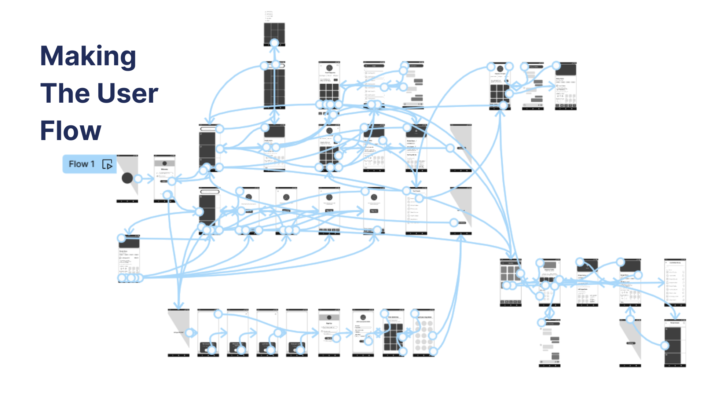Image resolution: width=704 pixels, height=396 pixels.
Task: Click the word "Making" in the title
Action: [x=88, y=56]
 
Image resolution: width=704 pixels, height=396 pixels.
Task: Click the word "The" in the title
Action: [x=65, y=93]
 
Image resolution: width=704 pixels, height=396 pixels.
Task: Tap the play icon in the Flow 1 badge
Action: [x=107, y=164]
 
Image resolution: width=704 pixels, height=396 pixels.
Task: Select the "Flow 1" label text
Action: [x=81, y=164]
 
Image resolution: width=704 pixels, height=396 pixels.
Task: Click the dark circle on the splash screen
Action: [x=127, y=178]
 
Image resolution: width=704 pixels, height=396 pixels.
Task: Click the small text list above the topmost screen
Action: [x=269, y=16]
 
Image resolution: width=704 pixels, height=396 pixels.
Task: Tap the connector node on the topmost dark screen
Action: [x=274, y=43]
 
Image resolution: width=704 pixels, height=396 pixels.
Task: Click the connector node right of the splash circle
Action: [x=138, y=179]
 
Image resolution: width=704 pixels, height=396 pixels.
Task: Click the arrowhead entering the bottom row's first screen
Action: [x=179, y=306]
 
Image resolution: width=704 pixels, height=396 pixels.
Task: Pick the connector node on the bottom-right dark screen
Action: [x=665, y=345]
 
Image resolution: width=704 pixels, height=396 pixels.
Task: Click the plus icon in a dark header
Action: [x=416, y=131]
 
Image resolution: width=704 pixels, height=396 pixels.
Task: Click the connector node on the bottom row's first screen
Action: [x=189, y=333]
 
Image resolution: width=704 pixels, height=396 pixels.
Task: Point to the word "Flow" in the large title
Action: [x=70, y=131]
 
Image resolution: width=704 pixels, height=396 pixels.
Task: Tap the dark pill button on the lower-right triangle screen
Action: [x=631, y=343]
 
